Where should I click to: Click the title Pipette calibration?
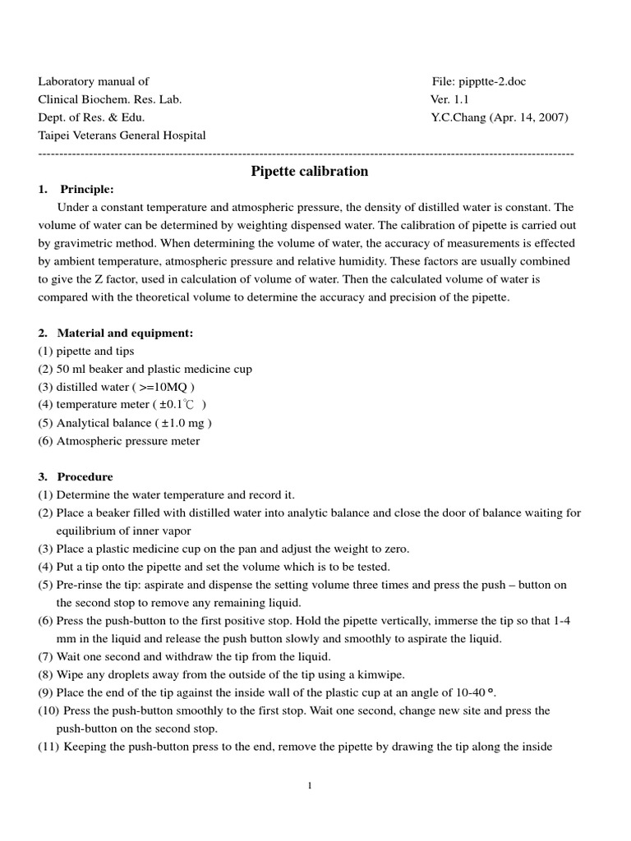(x=309, y=172)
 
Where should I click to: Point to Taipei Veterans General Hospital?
(x=122, y=136)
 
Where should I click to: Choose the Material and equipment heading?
(x=125, y=333)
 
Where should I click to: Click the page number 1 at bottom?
(x=310, y=786)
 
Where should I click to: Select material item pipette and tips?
(x=95, y=352)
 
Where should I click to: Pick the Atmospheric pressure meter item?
(x=127, y=441)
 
